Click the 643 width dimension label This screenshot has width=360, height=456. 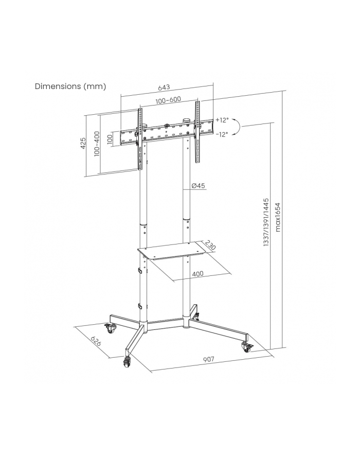click(x=164, y=87)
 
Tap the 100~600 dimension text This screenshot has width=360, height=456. click(x=168, y=100)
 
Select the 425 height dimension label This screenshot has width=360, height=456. click(x=83, y=144)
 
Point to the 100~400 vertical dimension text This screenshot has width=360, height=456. click(x=97, y=144)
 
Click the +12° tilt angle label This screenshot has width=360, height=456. click(x=222, y=120)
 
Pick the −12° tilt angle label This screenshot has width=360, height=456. click(x=222, y=134)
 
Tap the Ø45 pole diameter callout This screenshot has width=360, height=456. click(x=199, y=185)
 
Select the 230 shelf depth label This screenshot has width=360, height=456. click(x=210, y=245)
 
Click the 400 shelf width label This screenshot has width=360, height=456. click(x=197, y=274)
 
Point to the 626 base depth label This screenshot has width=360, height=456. click(x=96, y=341)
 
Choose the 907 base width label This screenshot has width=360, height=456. click(x=208, y=359)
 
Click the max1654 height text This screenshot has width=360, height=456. click(x=278, y=217)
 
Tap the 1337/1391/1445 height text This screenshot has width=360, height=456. click(x=266, y=222)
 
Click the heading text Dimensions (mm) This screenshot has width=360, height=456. click(x=70, y=86)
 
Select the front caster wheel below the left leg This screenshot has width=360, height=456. click(x=127, y=361)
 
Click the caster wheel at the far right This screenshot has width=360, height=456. click(x=247, y=347)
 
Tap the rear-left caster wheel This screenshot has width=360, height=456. click(x=111, y=328)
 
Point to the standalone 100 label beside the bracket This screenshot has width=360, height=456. click(x=110, y=139)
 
